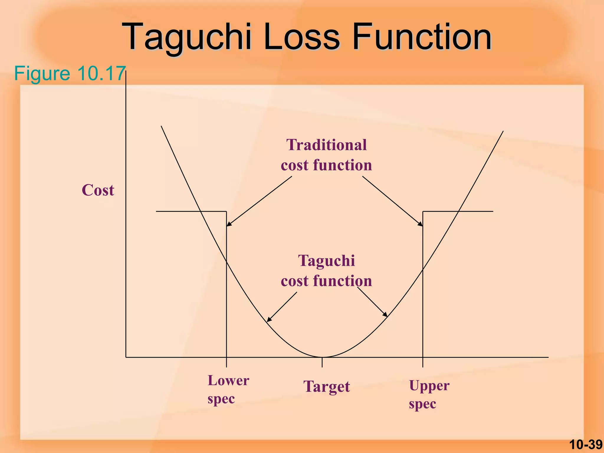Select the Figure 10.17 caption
point(70,73)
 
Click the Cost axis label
point(98,190)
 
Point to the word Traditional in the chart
point(326,145)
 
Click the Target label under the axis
point(326,386)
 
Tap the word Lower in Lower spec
point(228,380)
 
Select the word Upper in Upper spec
point(429,385)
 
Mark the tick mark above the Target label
point(322,362)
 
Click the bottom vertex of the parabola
point(322,357)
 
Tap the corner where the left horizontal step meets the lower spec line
point(226,211)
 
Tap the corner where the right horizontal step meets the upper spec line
point(423,211)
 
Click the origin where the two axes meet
point(126,357)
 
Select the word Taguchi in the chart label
point(326,261)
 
